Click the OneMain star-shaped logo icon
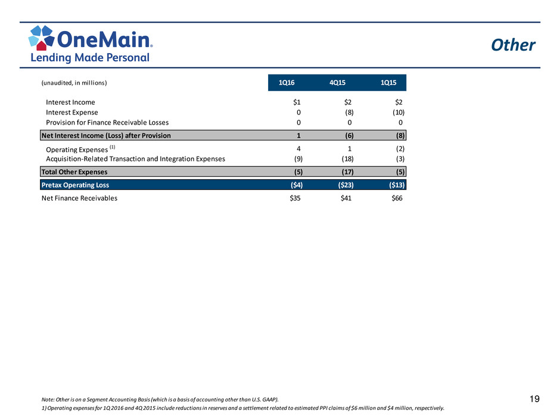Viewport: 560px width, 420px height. (42, 37)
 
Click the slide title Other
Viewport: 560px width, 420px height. (513, 45)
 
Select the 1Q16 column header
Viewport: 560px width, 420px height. (287, 83)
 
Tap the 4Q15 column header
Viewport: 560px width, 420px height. (337, 83)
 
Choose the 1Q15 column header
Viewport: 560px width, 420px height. (388, 83)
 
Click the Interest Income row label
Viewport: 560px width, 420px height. (70, 102)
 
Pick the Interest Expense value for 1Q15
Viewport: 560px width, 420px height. (399, 113)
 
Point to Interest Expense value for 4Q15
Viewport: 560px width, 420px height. (349, 113)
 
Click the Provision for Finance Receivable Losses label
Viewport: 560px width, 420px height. (107, 123)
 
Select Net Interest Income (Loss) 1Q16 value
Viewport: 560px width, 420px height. (298, 136)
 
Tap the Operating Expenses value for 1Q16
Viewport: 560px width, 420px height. (298, 149)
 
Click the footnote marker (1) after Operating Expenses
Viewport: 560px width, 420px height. (112, 147)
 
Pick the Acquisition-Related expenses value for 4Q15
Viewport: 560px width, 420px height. (347, 159)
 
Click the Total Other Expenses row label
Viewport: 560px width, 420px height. (74, 172)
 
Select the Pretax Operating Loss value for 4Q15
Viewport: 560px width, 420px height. (346, 185)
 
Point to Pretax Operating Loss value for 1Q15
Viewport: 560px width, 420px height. (397, 185)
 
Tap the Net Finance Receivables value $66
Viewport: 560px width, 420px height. (397, 198)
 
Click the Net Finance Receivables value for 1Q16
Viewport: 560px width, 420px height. (295, 198)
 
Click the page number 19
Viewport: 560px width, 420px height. (534, 399)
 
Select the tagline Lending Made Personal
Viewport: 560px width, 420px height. (90, 58)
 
